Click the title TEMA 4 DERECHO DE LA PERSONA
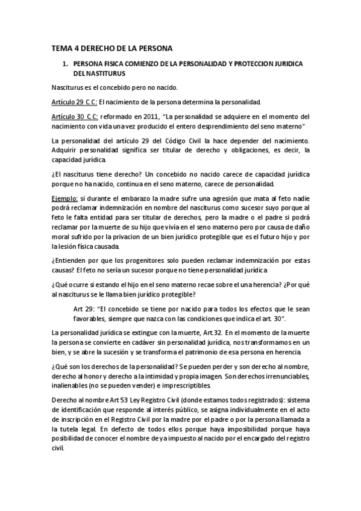112,48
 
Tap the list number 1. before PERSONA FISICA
65,63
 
